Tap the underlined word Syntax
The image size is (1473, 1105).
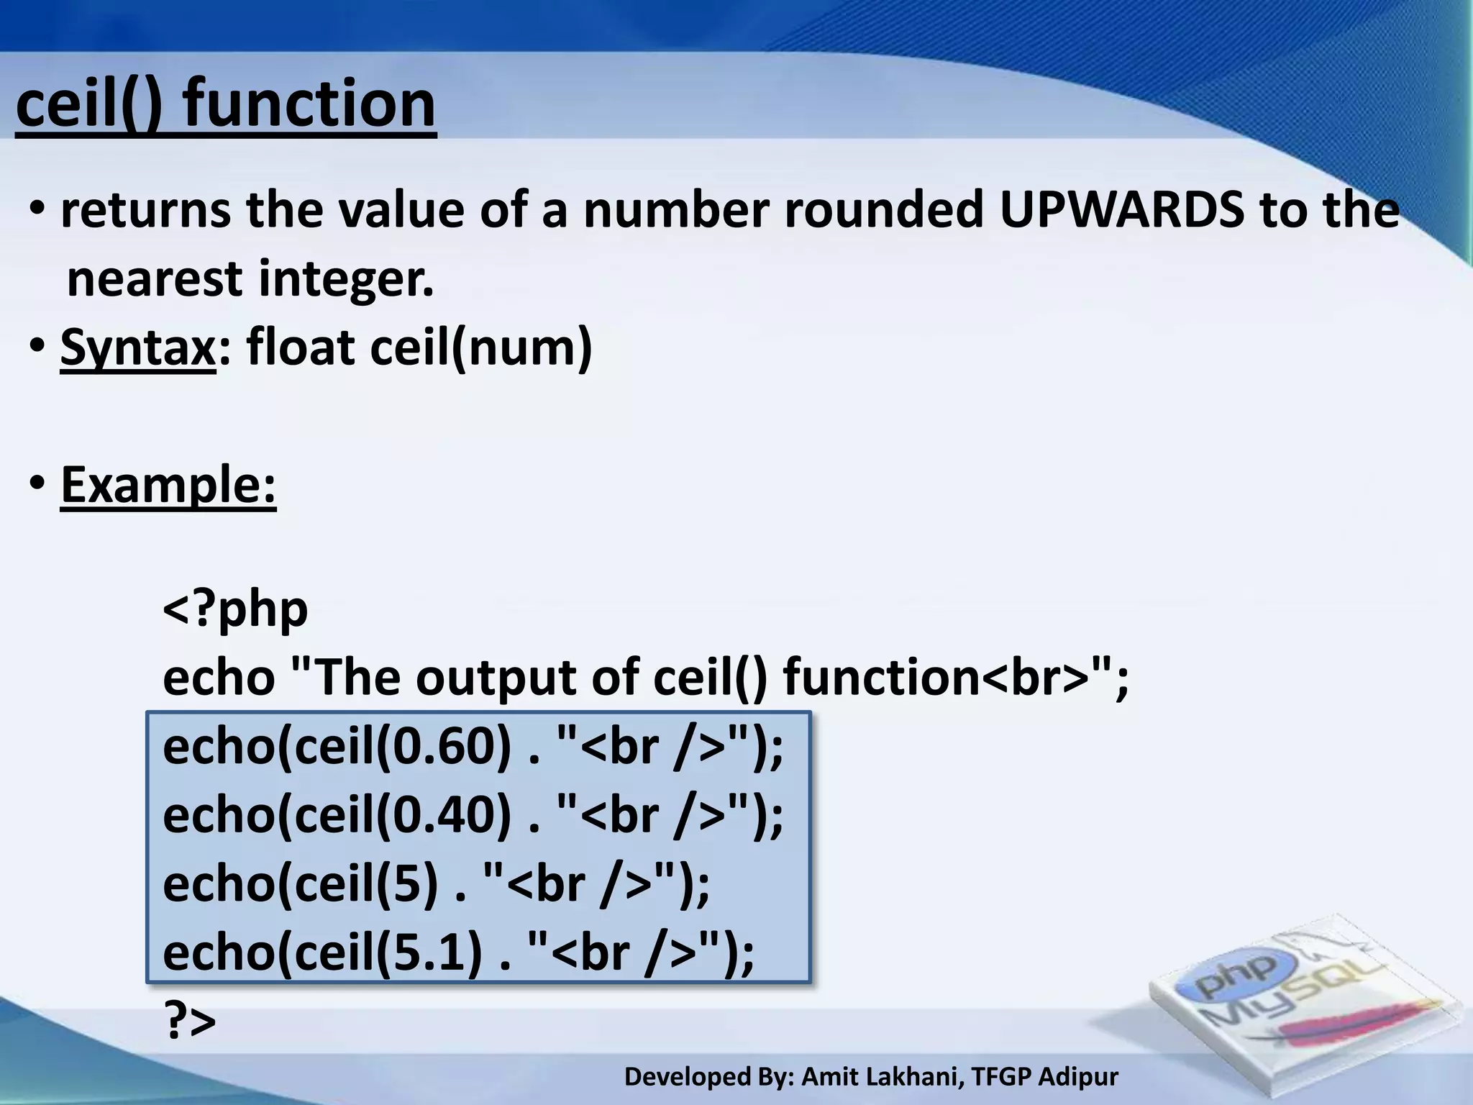[137, 347]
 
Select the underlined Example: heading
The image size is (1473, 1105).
[168, 485]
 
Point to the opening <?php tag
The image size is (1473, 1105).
[235, 609]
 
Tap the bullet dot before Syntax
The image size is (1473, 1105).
[37, 347]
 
